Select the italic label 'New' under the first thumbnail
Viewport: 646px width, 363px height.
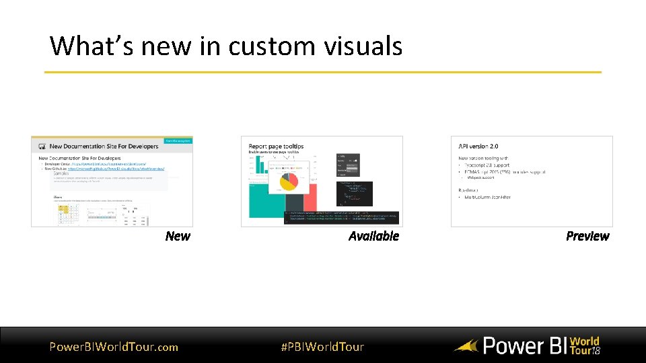pyautogui.click(x=178, y=236)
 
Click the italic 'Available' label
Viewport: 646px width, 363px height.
pyautogui.click(x=373, y=236)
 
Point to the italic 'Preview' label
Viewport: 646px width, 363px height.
pyautogui.click(x=587, y=236)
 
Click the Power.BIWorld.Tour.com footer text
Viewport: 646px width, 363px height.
pyautogui.click(x=114, y=347)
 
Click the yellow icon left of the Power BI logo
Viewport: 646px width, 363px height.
pyautogui.click(x=466, y=347)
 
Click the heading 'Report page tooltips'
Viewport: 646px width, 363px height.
pyautogui.click(x=276, y=146)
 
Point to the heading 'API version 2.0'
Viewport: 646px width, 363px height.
pyautogui.click(x=478, y=146)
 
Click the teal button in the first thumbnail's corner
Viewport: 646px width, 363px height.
pyautogui.click(x=178, y=140)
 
